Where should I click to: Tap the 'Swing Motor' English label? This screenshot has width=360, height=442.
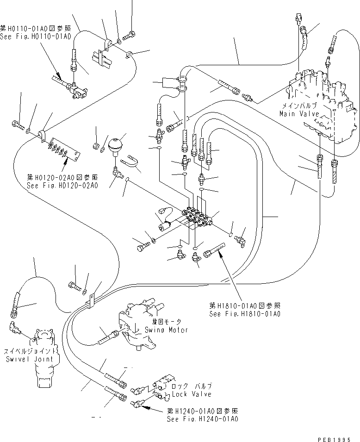coord(166,330)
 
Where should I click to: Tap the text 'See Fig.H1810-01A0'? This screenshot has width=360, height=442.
coord(245,314)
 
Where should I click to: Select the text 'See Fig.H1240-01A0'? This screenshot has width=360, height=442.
coord(203,419)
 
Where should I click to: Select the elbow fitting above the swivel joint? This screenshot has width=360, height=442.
coord(15,327)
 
